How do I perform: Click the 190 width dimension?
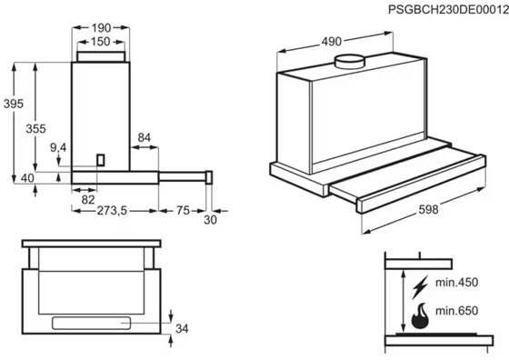[101, 28]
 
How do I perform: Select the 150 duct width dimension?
[101, 42]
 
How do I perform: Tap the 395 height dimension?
[14, 104]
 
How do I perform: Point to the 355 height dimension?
[35, 129]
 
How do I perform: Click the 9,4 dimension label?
[58, 147]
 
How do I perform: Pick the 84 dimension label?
[145, 137]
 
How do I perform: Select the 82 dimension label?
[88, 200]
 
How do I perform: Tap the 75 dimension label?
[183, 211]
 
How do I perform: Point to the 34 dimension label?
[182, 329]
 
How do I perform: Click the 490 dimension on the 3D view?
[332, 42]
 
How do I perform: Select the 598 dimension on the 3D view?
[428, 210]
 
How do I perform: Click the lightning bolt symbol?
[420, 287]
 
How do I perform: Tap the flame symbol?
[420, 316]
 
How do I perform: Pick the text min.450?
[456, 283]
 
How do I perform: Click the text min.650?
[456, 311]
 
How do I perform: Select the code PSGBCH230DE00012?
[448, 10]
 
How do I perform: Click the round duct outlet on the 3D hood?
[350, 62]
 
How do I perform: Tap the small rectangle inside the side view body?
[101, 160]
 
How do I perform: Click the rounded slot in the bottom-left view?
[92, 324]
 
